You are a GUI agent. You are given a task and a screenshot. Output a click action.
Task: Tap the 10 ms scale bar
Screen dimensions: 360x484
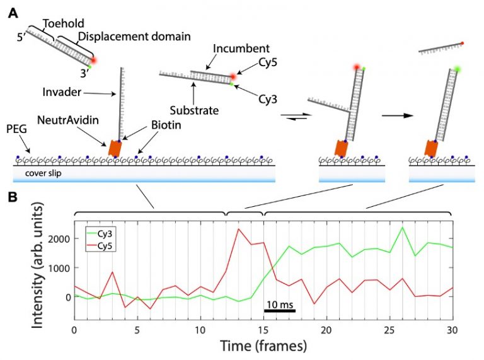[280, 310]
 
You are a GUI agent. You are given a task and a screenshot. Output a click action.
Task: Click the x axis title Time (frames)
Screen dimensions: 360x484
[263, 346]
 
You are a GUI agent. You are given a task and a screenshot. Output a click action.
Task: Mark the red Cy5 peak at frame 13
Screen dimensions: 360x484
[238, 229]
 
